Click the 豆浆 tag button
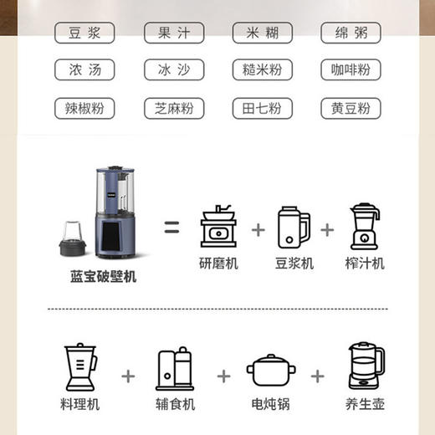pos(84,33)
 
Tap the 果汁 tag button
pos(172,33)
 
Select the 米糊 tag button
pos(262,33)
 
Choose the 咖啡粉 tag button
pos(351,71)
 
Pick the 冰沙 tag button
pos(172,71)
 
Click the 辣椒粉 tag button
pos(84,109)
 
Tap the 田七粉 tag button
pos(262,109)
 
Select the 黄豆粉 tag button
pos(351,109)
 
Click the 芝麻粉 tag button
pos(172,109)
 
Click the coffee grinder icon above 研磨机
pos(220,227)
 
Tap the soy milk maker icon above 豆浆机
pos(293,227)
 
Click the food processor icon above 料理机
pos(80,368)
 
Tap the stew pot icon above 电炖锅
pos(269,371)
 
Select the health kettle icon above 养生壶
pos(365,367)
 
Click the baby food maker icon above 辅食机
pos(175,369)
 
